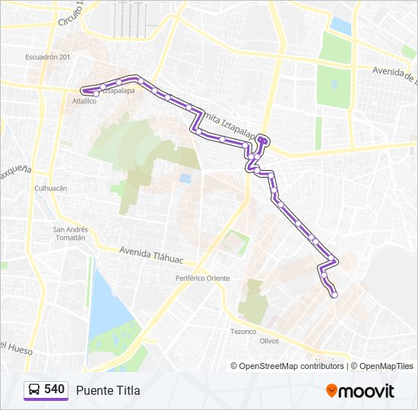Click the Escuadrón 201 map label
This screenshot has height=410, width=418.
[47, 58]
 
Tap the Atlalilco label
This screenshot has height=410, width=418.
[84, 100]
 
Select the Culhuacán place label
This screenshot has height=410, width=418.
[51, 188]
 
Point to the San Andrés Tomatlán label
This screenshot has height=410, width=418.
[70, 233]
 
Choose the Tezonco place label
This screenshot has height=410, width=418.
[243, 332]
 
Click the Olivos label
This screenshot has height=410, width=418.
[269, 341]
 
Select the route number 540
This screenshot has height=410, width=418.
[54, 389]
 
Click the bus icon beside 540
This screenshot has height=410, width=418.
[35, 390]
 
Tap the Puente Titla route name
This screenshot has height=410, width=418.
[107, 390]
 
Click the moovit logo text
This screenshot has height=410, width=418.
[367, 391]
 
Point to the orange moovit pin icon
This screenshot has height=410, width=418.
[331, 391]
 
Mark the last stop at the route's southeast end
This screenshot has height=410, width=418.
[333, 295]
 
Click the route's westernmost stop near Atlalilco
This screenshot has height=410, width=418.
[95, 94]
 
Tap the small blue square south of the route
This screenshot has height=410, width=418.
[185, 178]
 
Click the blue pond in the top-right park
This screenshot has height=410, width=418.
[340, 26]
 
